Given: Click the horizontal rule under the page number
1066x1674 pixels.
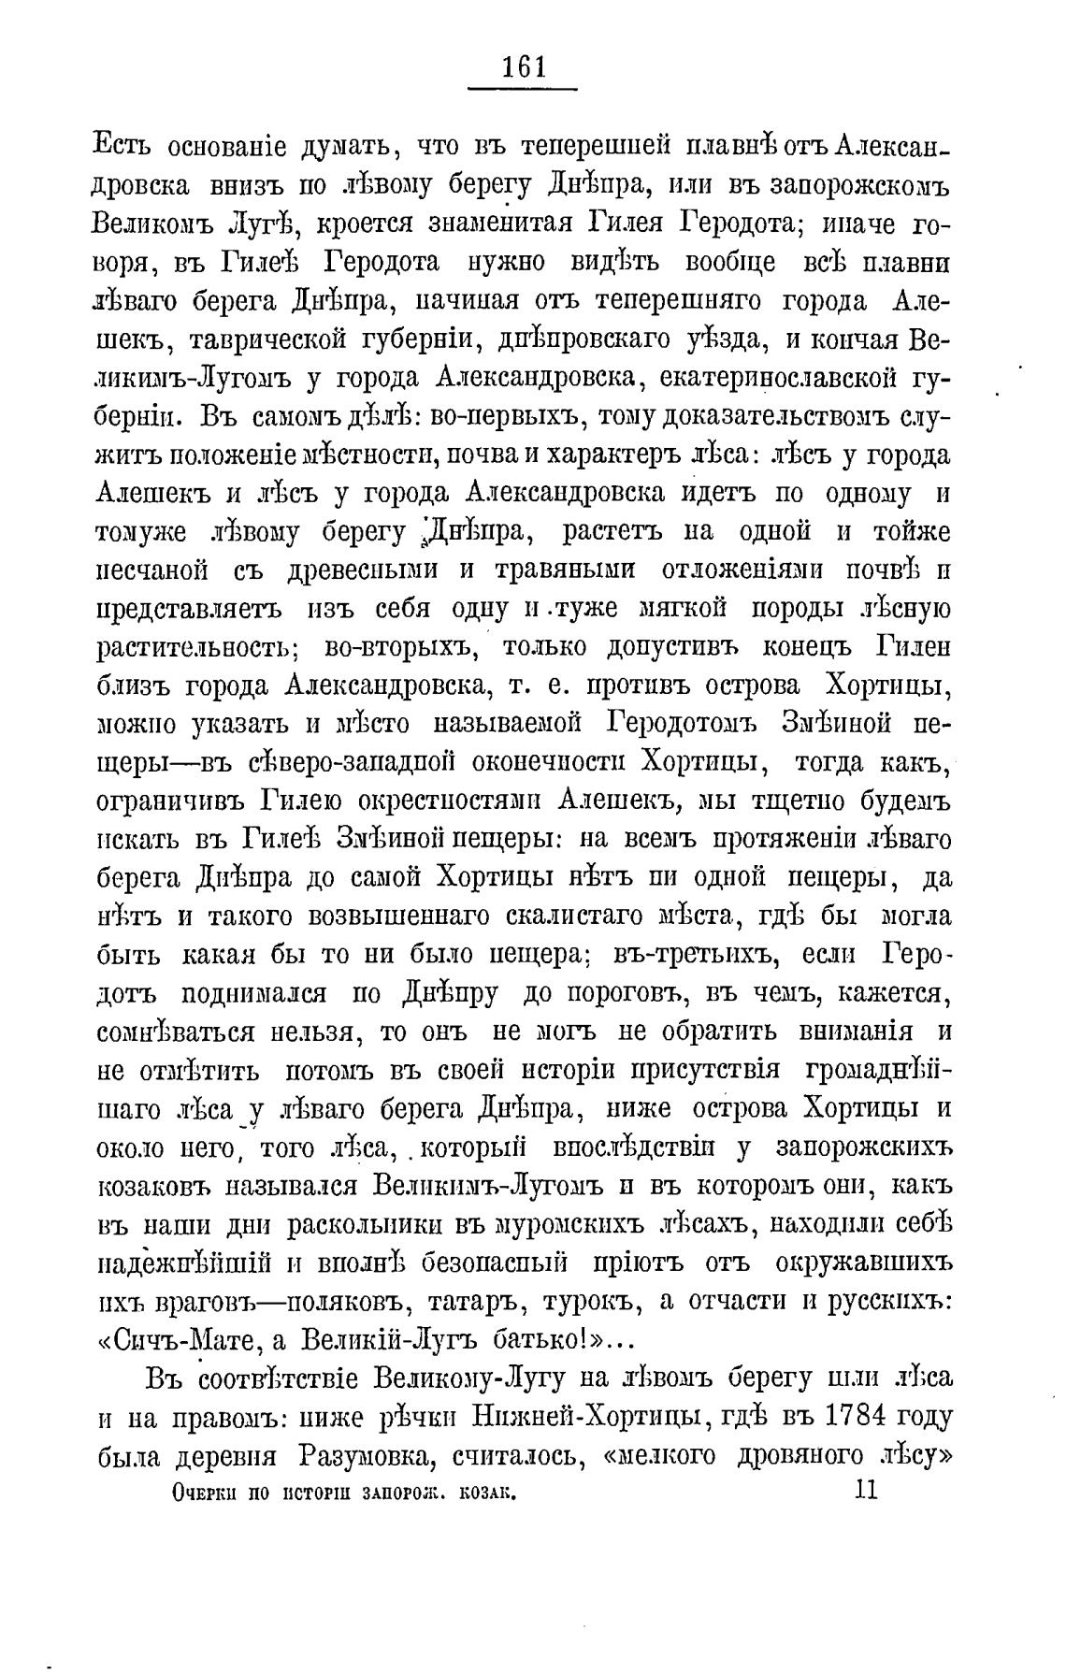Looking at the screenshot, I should coord(523,90).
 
